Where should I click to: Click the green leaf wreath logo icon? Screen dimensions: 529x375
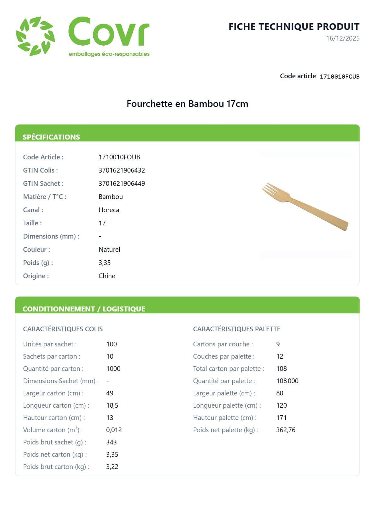[x=35, y=36]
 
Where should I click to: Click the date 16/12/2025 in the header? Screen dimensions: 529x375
[x=343, y=38]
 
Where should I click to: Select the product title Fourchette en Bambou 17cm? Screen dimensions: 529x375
[x=187, y=104]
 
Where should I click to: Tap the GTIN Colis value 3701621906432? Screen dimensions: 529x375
[x=122, y=170]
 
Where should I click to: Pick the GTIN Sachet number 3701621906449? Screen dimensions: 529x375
[x=122, y=184]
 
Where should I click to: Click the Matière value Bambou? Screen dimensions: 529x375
[x=111, y=197]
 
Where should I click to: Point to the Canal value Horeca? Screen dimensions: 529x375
[x=109, y=210]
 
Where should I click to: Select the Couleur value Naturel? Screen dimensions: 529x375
[x=109, y=250]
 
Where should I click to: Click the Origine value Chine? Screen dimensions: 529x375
[x=107, y=276]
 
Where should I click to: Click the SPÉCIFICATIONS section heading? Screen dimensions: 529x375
[x=51, y=137]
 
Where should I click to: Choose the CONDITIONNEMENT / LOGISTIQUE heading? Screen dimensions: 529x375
[x=84, y=309]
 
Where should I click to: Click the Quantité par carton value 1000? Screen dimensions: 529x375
[x=113, y=369]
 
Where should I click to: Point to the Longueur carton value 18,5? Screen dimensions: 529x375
[x=112, y=405]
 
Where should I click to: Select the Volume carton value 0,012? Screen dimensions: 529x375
[x=114, y=430]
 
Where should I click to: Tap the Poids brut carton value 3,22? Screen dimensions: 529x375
[x=112, y=467]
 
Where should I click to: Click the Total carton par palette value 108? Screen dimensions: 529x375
[x=281, y=369]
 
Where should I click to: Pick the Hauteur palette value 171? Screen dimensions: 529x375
[x=281, y=418]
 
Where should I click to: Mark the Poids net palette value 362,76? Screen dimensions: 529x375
[x=286, y=430]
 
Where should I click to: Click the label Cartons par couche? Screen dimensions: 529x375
[x=223, y=344]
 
